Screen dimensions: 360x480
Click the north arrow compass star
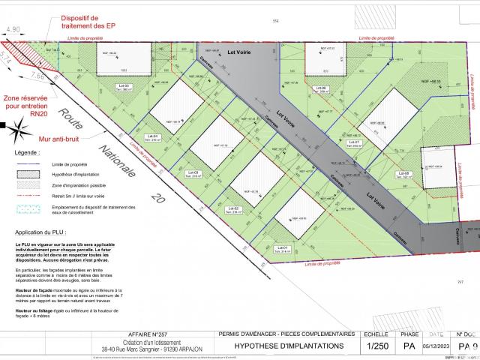pyautogui.click(x=14, y=133)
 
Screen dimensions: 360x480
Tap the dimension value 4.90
pyautogui.click(x=13, y=30)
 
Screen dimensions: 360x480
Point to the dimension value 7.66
pyautogui.click(x=38, y=76)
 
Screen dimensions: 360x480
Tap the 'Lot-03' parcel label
pyautogui.click(x=193, y=173)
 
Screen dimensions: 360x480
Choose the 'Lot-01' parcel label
pyautogui.click(x=282, y=248)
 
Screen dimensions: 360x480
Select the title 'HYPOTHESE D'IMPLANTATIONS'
pyautogui.click(x=289, y=346)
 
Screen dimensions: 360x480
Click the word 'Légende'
pyautogui.click(x=27, y=151)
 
